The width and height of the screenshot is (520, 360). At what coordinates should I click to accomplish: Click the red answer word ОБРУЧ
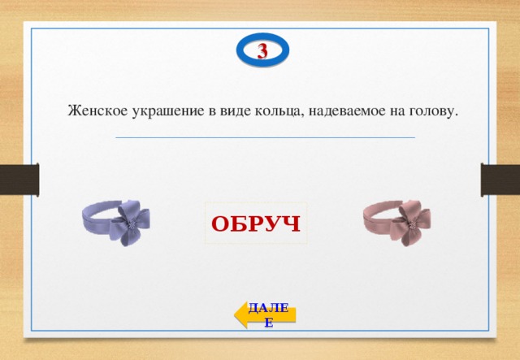click(256, 223)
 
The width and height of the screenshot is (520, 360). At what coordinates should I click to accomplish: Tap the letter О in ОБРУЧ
click(221, 223)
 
